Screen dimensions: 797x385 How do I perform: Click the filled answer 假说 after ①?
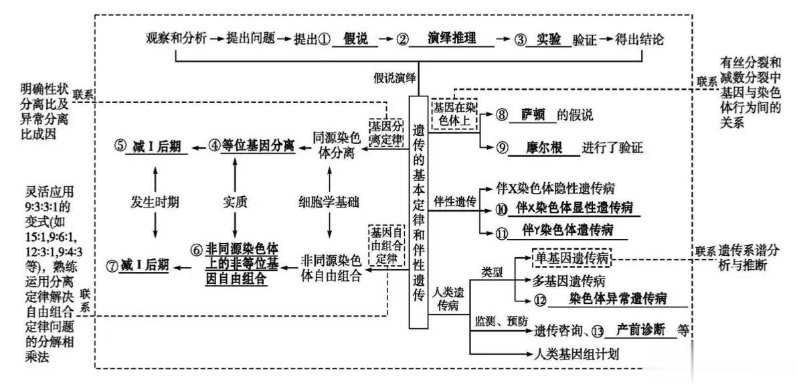(x=355, y=39)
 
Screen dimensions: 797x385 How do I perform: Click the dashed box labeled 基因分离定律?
(x=386, y=132)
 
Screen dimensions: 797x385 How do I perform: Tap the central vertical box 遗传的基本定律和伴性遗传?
(x=419, y=212)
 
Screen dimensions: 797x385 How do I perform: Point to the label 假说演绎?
(x=395, y=78)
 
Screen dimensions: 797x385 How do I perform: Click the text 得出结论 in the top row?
(x=640, y=40)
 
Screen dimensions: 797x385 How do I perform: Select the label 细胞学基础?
(x=329, y=202)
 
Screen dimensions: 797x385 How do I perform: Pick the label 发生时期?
(x=154, y=202)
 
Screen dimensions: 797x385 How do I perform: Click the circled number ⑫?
(x=540, y=299)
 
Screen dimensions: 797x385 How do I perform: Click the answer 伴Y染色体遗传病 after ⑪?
(x=567, y=230)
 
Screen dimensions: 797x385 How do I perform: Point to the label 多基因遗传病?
(x=569, y=281)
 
